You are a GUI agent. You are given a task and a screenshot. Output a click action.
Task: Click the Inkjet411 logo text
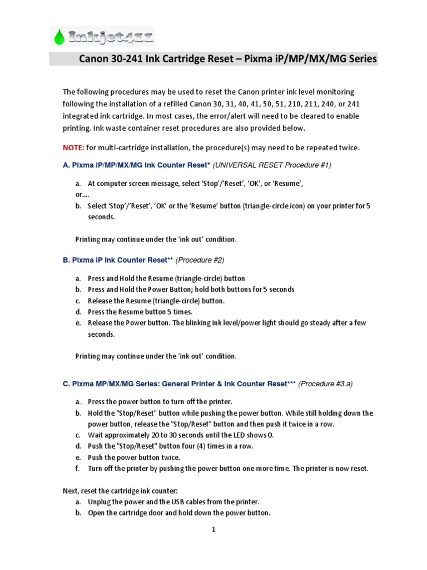(111, 37)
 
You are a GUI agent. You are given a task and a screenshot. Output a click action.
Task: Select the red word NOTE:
(73, 148)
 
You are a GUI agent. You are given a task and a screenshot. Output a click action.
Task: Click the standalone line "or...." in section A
(82, 195)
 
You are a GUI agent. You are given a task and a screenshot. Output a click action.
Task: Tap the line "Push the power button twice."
(134, 458)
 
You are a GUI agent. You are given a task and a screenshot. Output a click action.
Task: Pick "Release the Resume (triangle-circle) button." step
(156, 301)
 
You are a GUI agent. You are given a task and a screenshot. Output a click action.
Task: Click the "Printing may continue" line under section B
(156, 356)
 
